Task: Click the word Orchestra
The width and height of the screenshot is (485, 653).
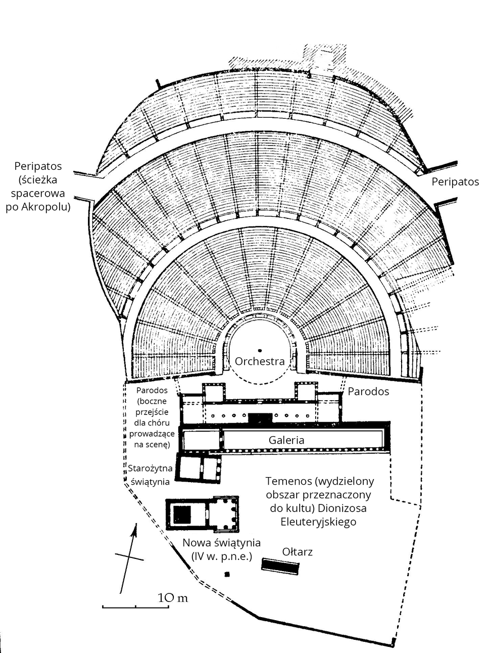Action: (x=260, y=361)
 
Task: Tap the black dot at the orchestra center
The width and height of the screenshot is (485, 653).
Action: (x=260, y=350)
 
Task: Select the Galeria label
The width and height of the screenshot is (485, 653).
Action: (x=286, y=440)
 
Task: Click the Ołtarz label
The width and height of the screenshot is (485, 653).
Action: (x=298, y=551)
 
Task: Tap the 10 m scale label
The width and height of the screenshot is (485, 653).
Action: (x=173, y=598)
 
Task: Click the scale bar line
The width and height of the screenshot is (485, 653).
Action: (x=135, y=605)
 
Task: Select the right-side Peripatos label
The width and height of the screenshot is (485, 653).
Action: (x=455, y=181)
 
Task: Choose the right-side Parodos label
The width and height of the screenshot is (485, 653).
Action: (x=368, y=391)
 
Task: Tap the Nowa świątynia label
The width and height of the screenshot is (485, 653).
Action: (x=222, y=543)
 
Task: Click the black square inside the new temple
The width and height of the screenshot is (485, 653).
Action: (x=182, y=514)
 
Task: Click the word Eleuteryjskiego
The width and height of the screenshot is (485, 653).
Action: (x=318, y=521)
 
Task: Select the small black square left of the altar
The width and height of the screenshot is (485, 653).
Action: (x=227, y=574)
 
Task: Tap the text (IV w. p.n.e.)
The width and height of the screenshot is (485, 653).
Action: (x=221, y=556)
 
